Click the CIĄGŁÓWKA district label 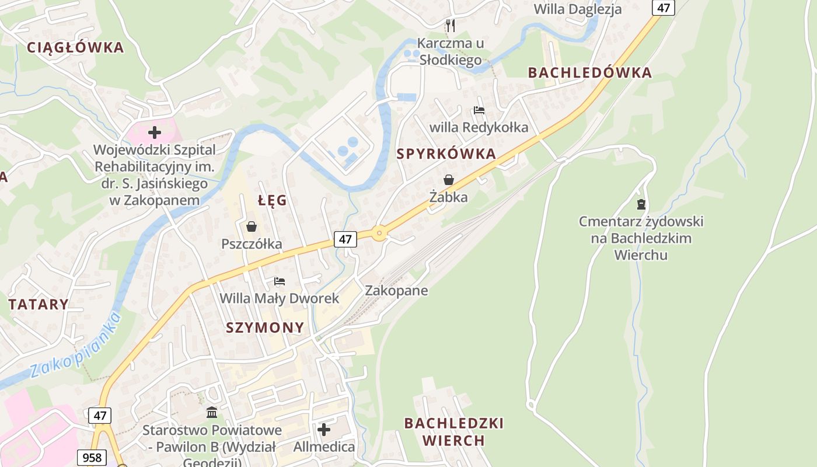75,48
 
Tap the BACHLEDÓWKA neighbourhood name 589,73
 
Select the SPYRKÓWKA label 446,155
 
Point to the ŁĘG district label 273,201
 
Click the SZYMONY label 265,327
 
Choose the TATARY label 39,304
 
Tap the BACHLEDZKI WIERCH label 453,431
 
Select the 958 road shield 92,458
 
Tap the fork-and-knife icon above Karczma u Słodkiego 450,25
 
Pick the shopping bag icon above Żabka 449,180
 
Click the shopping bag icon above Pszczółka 252,226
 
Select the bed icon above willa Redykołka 479,110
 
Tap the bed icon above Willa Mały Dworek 280,281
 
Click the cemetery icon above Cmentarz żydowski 641,204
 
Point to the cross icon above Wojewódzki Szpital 155,133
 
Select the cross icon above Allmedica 324,430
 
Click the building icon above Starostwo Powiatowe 212,413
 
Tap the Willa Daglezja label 578,9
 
